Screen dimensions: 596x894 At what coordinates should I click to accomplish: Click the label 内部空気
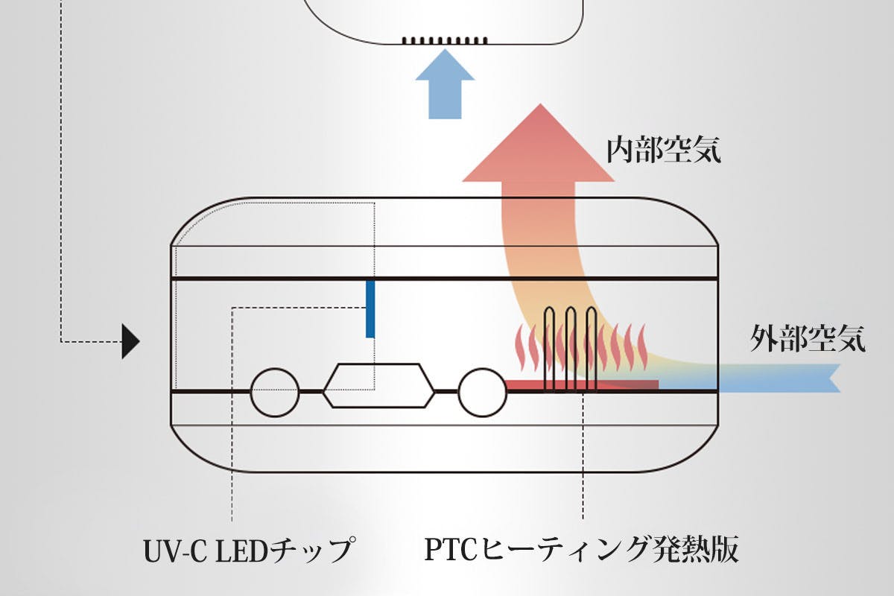tap(662, 151)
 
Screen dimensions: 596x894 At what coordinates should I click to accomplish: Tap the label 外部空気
tap(808, 339)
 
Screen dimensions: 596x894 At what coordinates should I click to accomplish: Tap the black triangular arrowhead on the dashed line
tap(131, 342)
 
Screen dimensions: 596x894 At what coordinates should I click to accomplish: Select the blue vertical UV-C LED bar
tap(370, 308)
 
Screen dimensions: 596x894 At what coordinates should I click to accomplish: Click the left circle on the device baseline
tap(275, 392)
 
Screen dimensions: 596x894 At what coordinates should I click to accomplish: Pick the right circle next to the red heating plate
tap(482, 392)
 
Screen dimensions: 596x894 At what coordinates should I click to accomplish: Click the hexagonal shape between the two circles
tap(378, 384)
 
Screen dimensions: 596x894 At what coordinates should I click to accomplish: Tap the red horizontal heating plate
tap(581, 384)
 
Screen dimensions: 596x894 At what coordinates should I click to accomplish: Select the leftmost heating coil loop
tap(551, 346)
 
